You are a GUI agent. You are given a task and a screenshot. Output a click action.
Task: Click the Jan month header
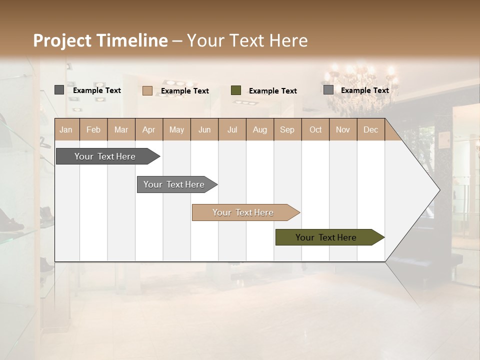(x=66, y=129)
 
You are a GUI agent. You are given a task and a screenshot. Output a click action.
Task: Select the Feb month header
(x=93, y=129)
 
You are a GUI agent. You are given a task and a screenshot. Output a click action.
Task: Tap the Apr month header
(x=148, y=129)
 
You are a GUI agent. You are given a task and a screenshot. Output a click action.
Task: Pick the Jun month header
(x=204, y=129)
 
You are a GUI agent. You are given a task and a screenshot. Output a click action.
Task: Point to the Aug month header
(x=259, y=129)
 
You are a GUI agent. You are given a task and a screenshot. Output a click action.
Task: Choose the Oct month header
(x=315, y=129)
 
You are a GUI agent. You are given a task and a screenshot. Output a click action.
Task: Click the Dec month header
(x=370, y=129)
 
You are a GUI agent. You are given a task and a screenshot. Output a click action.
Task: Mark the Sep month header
(x=287, y=129)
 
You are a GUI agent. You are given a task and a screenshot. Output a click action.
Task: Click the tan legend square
(x=147, y=90)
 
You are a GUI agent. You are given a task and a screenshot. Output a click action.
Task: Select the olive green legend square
(x=236, y=90)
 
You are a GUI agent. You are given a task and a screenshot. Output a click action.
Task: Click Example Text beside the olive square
(x=272, y=91)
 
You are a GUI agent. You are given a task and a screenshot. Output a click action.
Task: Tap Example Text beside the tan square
(x=184, y=91)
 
